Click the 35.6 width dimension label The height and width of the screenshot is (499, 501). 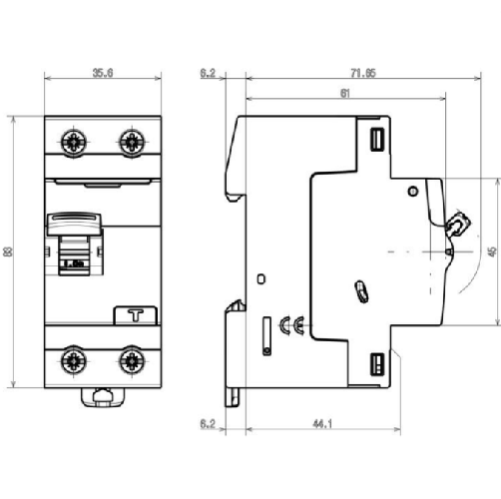point(102,72)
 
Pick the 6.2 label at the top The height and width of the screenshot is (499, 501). point(209,73)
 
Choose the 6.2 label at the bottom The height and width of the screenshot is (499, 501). point(209,424)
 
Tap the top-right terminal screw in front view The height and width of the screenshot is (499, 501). point(130,141)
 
